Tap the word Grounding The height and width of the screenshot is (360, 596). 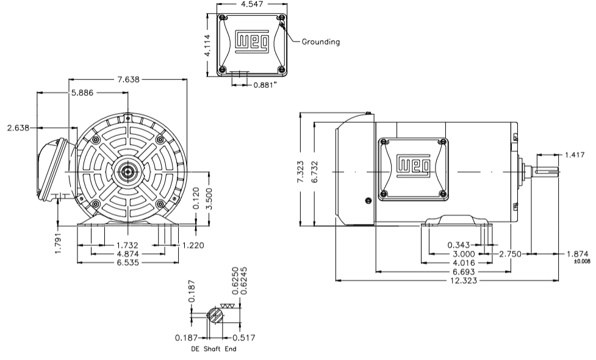click(x=321, y=42)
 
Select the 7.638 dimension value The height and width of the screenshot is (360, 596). click(x=127, y=79)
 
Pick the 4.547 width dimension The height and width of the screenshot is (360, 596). click(x=253, y=4)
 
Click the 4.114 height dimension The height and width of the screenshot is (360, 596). click(x=207, y=45)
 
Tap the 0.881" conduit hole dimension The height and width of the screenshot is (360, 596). click(x=265, y=85)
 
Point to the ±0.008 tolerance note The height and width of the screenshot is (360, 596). click(x=582, y=262)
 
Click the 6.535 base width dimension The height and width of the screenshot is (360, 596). click(x=127, y=263)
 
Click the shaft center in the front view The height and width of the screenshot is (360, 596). click(x=127, y=171)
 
